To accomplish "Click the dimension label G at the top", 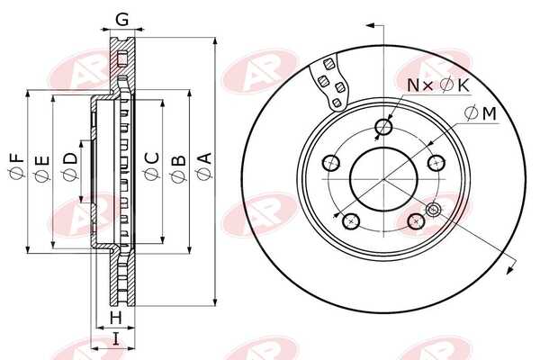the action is point(121,19).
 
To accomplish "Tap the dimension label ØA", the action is point(205,166).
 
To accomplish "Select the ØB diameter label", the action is point(178,168).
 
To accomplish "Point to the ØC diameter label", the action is point(152,166).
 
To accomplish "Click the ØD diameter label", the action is point(70,166).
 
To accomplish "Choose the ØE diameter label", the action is point(42,168).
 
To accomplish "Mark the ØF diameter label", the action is point(17,166).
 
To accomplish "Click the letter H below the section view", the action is point(116,318).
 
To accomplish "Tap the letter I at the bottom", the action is point(116,339).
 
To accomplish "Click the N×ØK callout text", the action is point(438,85).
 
